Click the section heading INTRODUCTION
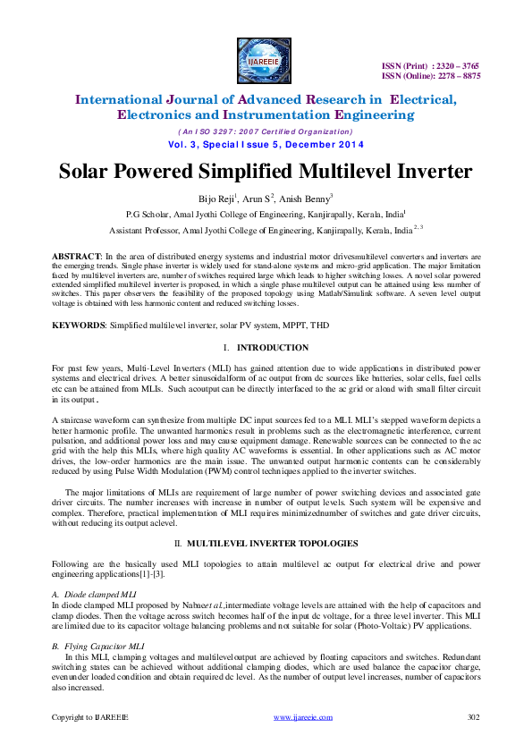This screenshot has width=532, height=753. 273,347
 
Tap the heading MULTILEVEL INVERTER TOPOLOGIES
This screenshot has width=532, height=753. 273,543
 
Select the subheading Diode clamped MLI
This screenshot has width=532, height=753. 93,594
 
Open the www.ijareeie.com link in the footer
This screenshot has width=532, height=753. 297,716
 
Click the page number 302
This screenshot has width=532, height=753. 475,716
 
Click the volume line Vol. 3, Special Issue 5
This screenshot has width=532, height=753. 266,144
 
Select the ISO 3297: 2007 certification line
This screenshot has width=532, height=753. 266,131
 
